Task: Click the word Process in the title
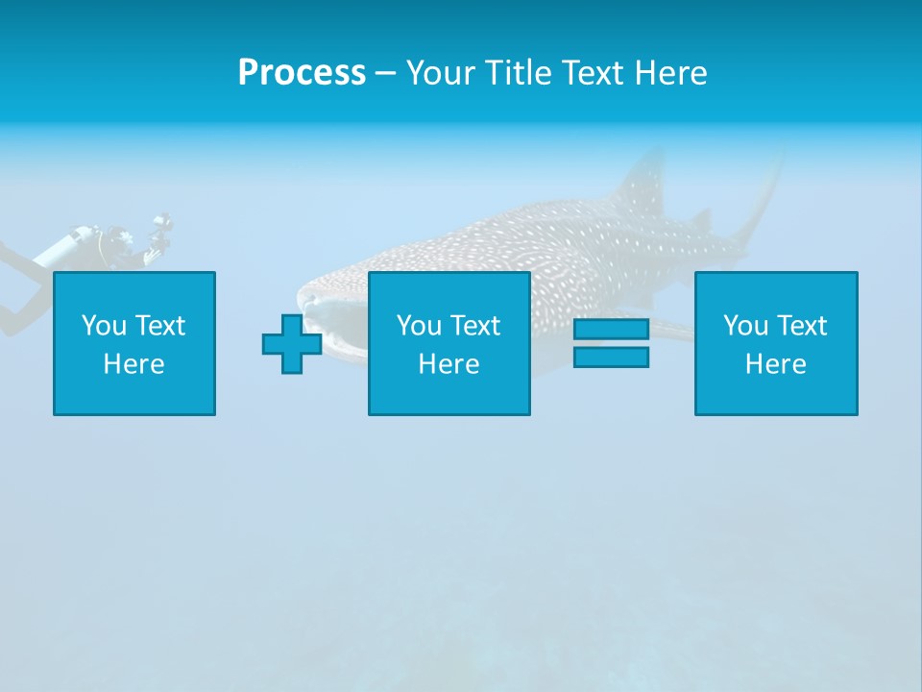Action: tap(302, 73)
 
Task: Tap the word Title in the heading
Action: tap(520, 73)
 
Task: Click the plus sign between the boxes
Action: tap(292, 343)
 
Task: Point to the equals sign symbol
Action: tap(611, 343)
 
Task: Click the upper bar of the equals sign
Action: tap(611, 330)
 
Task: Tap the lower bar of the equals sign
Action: tap(611, 357)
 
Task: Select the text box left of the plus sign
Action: tap(134, 343)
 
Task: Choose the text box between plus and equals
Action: tap(449, 343)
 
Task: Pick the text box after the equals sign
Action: tap(776, 343)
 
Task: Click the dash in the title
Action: tap(386, 73)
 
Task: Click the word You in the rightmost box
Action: tap(745, 326)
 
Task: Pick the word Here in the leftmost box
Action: tap(134, 364)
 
